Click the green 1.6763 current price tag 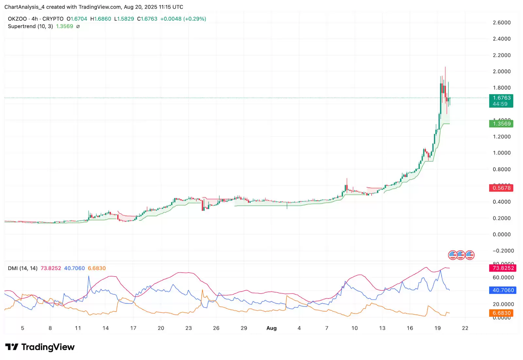point(501,98)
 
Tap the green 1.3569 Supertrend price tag point(501,124)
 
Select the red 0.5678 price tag point(501,188)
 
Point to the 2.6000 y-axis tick point(501,23)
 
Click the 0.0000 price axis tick point(501,235)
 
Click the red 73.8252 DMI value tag point(503,268)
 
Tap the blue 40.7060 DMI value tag point(503,290)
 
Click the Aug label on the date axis point(271,328)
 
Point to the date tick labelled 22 point(465,328)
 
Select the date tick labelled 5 point(23,328)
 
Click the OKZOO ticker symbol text point(17,19)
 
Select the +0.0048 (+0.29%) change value point(183,19)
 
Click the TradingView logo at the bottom point(40,347)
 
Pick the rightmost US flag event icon point(470,255)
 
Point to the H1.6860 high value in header point(101,19)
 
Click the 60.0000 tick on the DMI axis point(503,278)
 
